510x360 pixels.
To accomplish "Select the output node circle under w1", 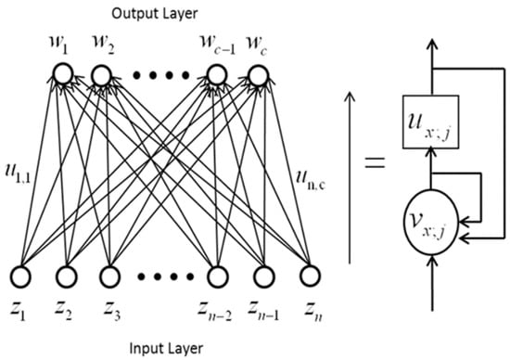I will (x=62, y=73).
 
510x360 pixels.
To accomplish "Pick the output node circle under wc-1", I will (x=215, y=73).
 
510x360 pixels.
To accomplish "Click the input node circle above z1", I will (x=21, y=276).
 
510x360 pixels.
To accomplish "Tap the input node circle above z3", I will (x=108, y=276).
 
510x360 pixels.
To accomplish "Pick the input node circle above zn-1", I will (x=261, y=276).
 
